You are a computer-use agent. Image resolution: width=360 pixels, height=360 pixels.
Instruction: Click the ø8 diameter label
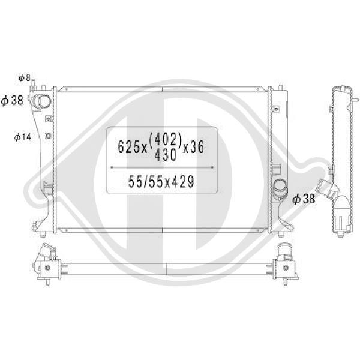[24, 77]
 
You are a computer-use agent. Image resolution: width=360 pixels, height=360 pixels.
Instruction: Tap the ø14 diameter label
[23, 137]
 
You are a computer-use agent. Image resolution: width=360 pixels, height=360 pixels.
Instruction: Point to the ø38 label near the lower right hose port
[304, 200]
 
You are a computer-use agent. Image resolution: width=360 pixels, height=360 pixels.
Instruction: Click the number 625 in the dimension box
[125, 146]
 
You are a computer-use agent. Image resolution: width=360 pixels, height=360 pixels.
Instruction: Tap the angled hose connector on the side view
[328, 191]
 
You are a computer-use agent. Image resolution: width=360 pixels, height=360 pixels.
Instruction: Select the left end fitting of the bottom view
[47, 262]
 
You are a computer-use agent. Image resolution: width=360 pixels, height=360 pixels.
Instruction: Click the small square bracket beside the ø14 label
[46, 136]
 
